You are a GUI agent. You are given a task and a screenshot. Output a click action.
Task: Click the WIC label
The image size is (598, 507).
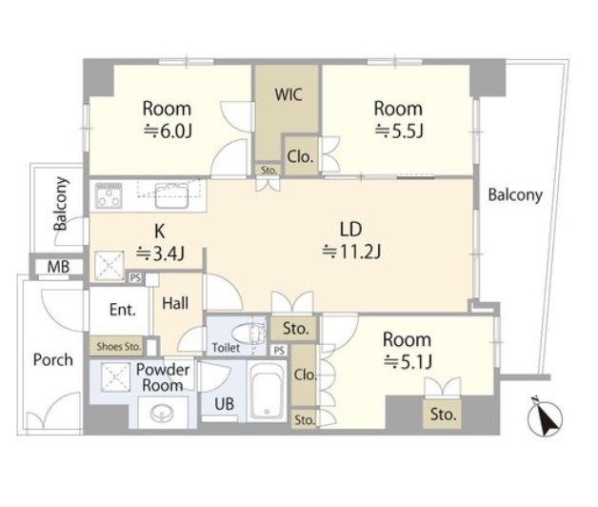click(x=289, y=94)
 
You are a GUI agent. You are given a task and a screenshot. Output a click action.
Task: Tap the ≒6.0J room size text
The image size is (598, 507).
click(x=168, y=132)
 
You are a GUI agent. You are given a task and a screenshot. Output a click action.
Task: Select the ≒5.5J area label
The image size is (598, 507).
click(x=399, y=131)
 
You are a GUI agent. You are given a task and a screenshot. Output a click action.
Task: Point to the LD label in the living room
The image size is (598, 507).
click(x=350, y=229)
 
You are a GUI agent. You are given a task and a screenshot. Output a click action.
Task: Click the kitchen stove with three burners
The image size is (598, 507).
click(x=109, y=195)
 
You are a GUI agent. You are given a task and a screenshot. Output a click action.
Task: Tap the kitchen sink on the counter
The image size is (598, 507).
click(x=171, y=195)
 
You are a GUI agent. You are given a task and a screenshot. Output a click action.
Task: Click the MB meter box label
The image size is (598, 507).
click(x=58, y=267)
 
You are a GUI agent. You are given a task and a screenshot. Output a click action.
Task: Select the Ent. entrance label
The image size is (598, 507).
click(x=123, y=310)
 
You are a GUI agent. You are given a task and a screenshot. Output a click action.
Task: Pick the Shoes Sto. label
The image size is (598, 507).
click(x=119, y=347)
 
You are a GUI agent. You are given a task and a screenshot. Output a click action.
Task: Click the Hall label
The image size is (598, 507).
click(x=175, y=303)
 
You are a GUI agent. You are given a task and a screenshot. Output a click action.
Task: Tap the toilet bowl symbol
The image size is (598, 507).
click(x=249, y=334)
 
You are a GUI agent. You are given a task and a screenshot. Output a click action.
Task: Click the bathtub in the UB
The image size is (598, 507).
click(x=267, y=392)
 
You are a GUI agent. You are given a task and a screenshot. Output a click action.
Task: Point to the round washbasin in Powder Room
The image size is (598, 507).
click(x=162, y=414)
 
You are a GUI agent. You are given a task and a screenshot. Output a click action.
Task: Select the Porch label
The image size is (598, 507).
click(x=53, y=359)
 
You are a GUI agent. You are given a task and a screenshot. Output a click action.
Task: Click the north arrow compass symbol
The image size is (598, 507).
click(x=545, y=416)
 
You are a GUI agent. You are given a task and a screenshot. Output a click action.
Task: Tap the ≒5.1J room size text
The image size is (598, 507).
click(x=408, y=361)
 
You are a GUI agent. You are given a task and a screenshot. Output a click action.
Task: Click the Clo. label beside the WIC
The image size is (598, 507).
click(x=300, y=156)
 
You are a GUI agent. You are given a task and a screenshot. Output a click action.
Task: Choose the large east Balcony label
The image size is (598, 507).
click(x=515, y=194)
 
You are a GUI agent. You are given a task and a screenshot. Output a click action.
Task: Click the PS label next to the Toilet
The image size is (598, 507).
click(x=279, y=351)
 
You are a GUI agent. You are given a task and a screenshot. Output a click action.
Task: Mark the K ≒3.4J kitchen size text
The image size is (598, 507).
click(x=161, y=242)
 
